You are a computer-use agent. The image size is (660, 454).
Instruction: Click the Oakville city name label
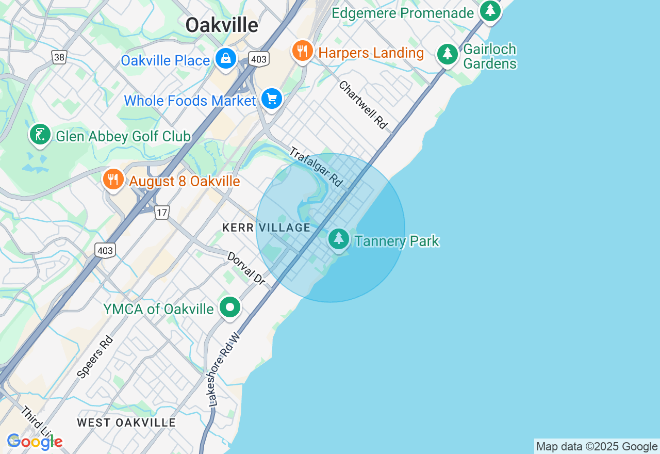tap(222, 25)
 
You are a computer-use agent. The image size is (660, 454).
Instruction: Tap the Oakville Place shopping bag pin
tap(226, 59)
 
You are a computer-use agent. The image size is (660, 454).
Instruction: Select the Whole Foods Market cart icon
tap(271, 98)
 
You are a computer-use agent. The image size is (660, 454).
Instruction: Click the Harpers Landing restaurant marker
tap(302, 51)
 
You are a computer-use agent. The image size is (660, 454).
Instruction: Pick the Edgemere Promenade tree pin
tap(489, 11)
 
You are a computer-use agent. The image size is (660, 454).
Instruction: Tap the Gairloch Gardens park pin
tap(447, 54)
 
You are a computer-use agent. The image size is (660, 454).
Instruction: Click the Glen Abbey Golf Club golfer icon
tap(40, 135)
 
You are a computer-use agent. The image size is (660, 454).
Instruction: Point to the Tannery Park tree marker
tap(339, 239)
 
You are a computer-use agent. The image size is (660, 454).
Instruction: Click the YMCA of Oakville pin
tap(229, 307)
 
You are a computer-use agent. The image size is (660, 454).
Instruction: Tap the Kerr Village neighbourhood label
tap(266, 228)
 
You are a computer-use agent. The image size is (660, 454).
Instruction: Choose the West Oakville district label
tap(126, 423)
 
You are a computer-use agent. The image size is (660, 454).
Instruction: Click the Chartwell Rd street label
tap(363, 104)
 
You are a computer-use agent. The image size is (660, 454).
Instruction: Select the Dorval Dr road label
tap(246, 268)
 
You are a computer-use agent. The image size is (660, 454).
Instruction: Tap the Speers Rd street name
tap(95, 358)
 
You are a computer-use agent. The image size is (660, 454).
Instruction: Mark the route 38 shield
tap(59, 57)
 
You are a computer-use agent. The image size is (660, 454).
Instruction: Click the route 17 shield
tap(162, 212)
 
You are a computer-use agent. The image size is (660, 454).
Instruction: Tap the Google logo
tap(35, 442)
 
